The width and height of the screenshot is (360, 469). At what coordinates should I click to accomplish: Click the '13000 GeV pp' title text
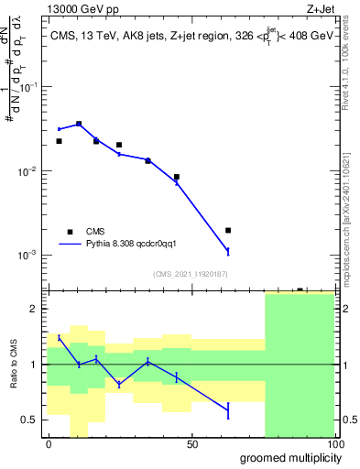click(x=80, y=8)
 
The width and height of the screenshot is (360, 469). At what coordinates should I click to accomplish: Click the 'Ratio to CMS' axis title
click(x=13, y=365)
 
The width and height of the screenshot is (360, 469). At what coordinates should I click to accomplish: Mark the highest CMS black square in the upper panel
click(x=79, y=124)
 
